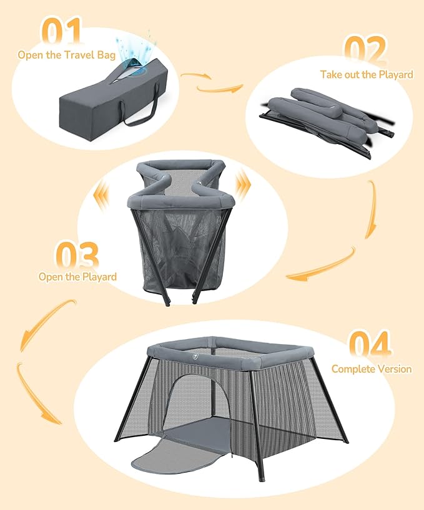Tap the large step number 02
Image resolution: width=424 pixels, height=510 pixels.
(365, 50)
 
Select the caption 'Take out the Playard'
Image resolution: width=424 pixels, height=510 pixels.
(367, 75)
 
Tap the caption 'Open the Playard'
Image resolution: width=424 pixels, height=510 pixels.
(77, 276)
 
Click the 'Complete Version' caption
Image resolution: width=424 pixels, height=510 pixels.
(371, 369)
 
